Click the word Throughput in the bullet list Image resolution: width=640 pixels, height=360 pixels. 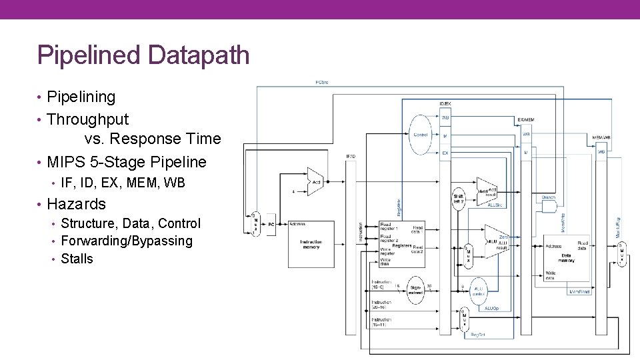[x=87, y=120]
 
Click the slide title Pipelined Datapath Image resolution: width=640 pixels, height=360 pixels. [x=143, y=55]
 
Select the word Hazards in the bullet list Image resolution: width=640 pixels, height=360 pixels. [x=76, y=204]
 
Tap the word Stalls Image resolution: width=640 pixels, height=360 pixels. [x=77, y=259]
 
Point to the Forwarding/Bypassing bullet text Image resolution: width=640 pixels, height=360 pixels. [x=126, y=241]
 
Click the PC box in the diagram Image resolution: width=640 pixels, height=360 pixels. [x=271, y=225]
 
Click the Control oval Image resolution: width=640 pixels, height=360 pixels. [x=421, y=134]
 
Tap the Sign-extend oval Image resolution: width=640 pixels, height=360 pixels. [x=416, y=290]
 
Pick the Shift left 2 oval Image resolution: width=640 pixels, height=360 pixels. [x=459, y=199]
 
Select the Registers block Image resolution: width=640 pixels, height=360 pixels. [x=401, y=245]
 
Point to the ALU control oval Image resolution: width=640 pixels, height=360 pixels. [x=478, y=291]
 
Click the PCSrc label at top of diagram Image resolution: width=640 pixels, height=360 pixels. [x=321, y=82]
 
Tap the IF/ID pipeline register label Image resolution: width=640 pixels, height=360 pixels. [x=350, y=157]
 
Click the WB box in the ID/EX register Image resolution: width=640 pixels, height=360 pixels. [x=445, y=118]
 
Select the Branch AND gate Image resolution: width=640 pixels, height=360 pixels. [x=548, y=206]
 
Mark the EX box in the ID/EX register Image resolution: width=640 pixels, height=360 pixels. [x=445, y=153]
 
